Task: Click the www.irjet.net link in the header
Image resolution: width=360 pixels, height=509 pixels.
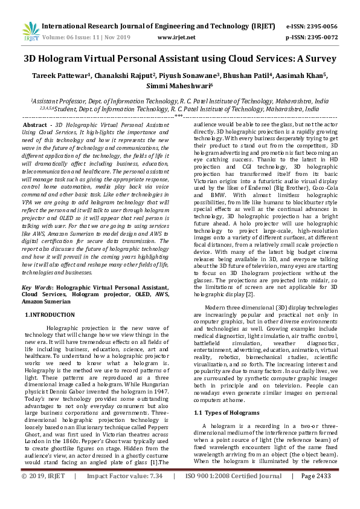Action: pos(176,37)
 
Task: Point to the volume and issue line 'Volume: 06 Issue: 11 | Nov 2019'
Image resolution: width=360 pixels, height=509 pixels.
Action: pos(88,37)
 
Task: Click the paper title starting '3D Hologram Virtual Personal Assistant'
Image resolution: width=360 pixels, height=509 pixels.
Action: pos(179,60)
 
